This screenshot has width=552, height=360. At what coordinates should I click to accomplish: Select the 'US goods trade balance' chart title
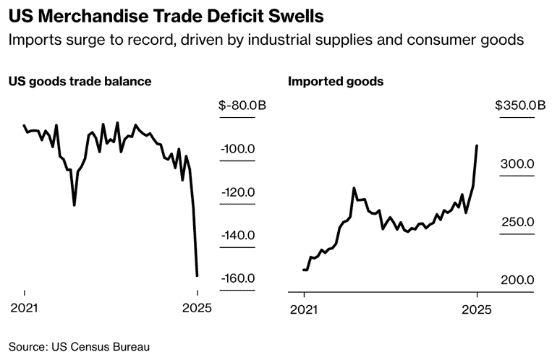[x=80, y=82]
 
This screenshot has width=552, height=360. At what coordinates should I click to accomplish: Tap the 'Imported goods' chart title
[x=336, y=82]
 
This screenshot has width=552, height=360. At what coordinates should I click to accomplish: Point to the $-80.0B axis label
[x=242, y=106]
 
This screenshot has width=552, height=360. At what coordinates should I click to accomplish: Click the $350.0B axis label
[x=520, y=106]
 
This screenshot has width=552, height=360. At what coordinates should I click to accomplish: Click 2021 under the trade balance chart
[x=25, y=309]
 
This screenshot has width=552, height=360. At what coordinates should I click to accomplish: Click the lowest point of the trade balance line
[x=198, y=275]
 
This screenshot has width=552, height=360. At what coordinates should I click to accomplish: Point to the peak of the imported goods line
[x=477, y=145]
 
